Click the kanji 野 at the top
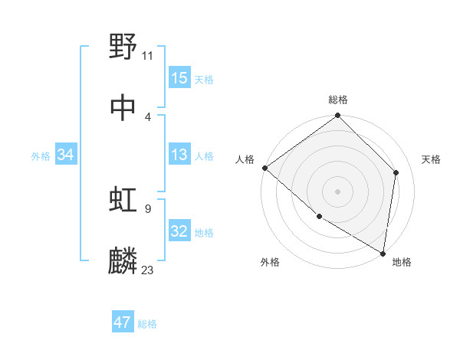coord(123,47)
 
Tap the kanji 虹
coord(123,200)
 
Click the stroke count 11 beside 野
coord(147,55)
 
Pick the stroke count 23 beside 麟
coord(147,270)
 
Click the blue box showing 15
coord(179,78)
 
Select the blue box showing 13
coord(179,155)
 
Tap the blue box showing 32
coord(179,231)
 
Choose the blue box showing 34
coord(66,155)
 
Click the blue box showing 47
coord(123,322)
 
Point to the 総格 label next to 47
coord(147,324)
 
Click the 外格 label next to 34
coord(41,156)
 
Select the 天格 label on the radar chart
coord(431,159)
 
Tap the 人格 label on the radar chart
coord(245,159)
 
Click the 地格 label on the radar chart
coord(402,262)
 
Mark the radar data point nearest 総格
coord(337,116)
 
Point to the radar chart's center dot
coord(337,191)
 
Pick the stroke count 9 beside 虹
coord(147,208)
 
